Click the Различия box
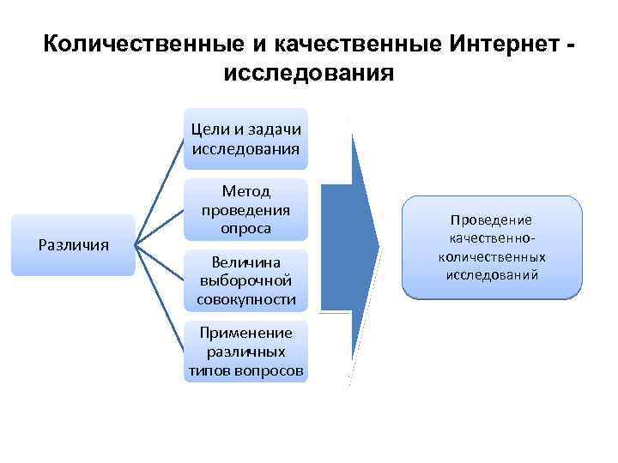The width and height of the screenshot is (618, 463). [x=73, y=245]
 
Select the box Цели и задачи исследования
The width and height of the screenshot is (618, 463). [x=245, y=138]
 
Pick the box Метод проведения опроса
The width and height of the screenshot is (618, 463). [x=245, y=209]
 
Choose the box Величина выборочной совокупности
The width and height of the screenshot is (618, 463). [x=245, y=280]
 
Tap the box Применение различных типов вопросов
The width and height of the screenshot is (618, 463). [x=245, y=352]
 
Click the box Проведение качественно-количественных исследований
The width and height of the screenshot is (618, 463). [x=492, y=247]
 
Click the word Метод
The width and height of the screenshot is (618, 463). [x=245, y=191]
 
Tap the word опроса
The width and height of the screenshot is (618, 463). [x=245, y=228]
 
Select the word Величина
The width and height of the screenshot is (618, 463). [x=245, y=262]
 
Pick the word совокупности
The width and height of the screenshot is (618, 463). [x=245, y=299]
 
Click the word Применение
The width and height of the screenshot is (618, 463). [x=245, y=333]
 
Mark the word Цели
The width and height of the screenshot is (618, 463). [x=209, y=129]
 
